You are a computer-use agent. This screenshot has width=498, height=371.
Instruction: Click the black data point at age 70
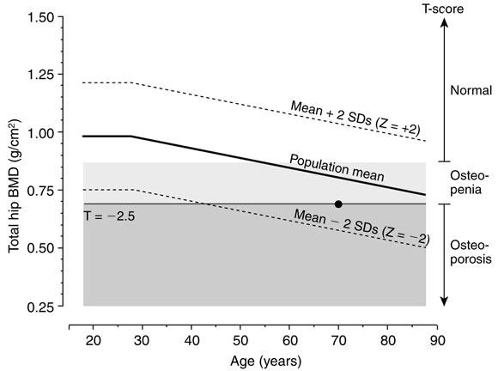338,204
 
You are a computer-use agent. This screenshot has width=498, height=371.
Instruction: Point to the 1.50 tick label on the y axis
40,17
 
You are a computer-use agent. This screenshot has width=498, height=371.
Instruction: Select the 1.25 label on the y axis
40,75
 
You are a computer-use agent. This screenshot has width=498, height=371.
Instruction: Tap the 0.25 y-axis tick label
40,307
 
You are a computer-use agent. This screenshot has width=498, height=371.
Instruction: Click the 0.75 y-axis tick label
40,191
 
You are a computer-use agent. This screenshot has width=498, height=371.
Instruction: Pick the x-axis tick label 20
94,340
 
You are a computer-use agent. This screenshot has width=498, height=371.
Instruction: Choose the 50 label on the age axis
240,340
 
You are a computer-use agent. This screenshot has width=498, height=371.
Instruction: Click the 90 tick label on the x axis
437,340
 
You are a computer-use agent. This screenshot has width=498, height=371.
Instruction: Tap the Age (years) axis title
266,362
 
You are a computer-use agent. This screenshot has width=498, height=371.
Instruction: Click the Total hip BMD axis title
15,186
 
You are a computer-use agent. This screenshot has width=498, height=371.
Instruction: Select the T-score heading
443,9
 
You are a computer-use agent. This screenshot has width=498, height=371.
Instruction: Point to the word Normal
471,90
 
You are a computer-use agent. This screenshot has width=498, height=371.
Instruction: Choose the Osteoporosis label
471,252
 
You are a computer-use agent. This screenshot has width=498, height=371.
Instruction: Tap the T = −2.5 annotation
110,216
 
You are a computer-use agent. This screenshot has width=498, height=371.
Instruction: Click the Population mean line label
337,167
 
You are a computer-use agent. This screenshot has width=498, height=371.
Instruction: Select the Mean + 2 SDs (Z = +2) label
355,117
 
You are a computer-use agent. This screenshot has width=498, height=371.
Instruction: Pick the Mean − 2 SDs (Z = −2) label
361,227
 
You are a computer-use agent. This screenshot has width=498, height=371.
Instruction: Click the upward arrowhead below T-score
444,22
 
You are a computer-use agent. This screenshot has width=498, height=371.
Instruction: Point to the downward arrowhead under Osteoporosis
444,301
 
